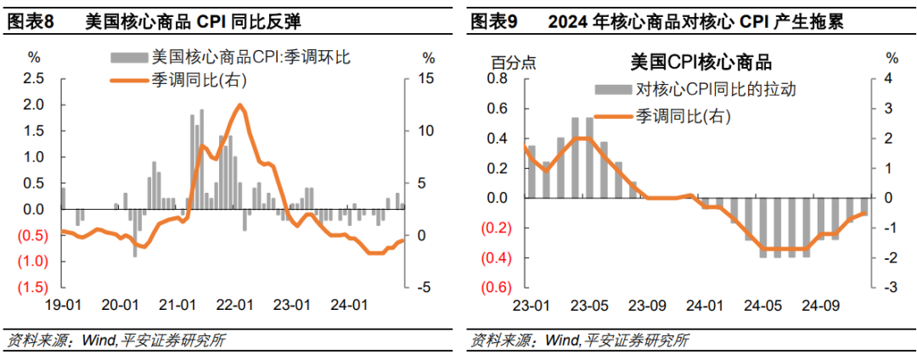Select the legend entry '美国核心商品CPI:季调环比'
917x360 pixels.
[x=250, y=58]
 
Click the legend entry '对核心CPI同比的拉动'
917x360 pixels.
[x=715, y=89]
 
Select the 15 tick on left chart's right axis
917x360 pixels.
[x=427, y=79]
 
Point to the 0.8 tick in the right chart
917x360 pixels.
[x=496, y=79]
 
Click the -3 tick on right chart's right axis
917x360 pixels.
[x=892, y=288]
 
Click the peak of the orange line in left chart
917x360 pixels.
[x=240, y=105]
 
